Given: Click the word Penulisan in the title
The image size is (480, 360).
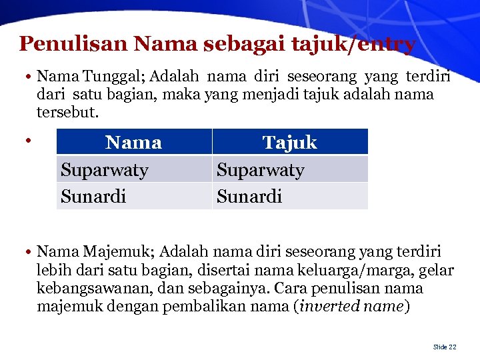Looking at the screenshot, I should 73,44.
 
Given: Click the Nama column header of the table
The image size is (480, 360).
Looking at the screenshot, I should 133,142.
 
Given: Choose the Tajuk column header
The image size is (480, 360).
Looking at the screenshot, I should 289,142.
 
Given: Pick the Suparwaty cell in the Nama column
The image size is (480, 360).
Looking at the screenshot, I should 105,170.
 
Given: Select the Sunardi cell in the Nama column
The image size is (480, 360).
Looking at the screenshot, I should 93,196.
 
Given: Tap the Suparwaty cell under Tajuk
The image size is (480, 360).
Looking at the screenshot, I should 261,170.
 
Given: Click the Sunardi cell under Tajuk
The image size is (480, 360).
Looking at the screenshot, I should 249,196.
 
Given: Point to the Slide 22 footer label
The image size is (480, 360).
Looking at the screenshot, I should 445,347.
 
